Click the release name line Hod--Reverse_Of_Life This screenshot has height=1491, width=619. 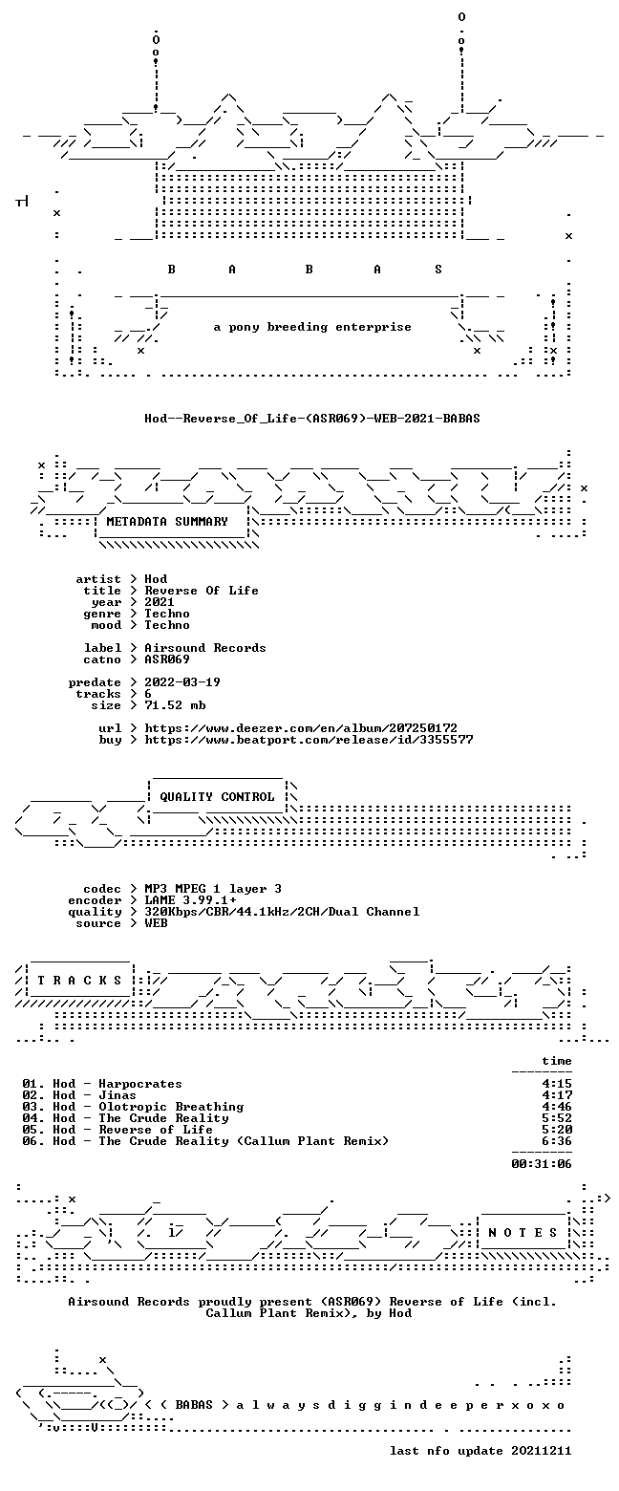coord(312,419)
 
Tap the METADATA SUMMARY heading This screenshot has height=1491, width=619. coord(167,522)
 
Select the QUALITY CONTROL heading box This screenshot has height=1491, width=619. coord(217,797)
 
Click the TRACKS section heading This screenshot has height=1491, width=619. coord(80,981)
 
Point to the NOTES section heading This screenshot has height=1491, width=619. coord(523,1233)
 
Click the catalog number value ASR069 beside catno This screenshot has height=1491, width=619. coord(167,659)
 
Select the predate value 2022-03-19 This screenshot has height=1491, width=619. coord(182,682)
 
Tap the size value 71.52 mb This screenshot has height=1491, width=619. coord(175,705)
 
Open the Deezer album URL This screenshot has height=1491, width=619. coord(301,728)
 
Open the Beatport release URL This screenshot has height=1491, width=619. coord(309,740)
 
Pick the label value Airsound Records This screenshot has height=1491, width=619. coord(205,648)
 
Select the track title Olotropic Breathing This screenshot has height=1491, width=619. coord(171,1107)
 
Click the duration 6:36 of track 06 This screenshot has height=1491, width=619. coord(557,1141)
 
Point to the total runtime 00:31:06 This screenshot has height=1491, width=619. coord(542,1164)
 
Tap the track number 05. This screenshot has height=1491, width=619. coord(32,1130)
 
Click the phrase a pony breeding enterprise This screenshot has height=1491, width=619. coord(312,328)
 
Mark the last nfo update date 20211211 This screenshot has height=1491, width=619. coord(542,1451)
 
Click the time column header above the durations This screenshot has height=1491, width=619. coord(557,1061)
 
